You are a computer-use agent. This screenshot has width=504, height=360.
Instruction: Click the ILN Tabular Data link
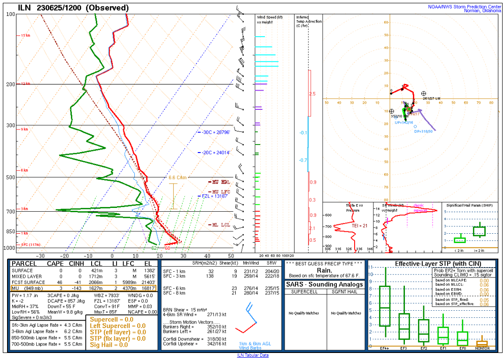click(x=252, y=355)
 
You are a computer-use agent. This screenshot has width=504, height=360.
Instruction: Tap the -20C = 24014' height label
click(x=216, y=153)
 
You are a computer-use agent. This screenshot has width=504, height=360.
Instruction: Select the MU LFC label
click(x=221, y=191)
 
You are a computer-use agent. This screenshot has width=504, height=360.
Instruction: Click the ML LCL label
click(x=220, y=225)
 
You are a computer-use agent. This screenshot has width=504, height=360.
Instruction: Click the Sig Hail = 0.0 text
click(x=109, y=345)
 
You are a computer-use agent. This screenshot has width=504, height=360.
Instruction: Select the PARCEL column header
click(x=24, y=264)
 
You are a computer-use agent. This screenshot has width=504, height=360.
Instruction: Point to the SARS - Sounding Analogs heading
click(x=324, y=284)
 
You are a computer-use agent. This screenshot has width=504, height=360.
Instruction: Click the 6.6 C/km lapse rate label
click(x=178, y=177)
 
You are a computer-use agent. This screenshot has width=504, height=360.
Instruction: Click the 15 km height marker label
click(x=25, y=36)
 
